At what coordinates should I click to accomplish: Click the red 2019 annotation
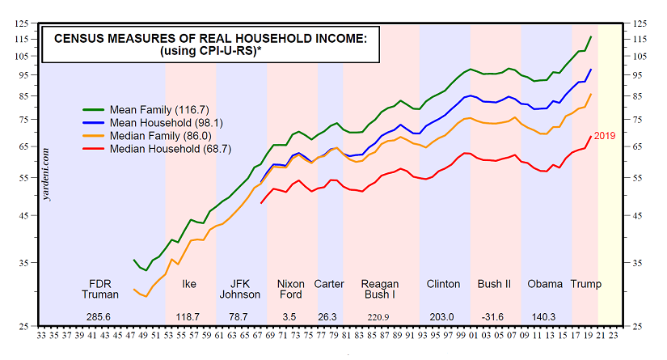coord(605,135)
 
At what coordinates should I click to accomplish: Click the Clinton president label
coord(443,284)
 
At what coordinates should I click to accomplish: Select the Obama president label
coord(544,284)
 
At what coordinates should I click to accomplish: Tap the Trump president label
coord(586,284)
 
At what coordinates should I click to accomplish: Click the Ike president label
coord(190,284)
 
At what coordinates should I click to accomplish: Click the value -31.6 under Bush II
coord(492,316)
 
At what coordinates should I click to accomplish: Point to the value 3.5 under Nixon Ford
coord(290,316)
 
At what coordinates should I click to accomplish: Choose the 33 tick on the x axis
coord(41,339)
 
